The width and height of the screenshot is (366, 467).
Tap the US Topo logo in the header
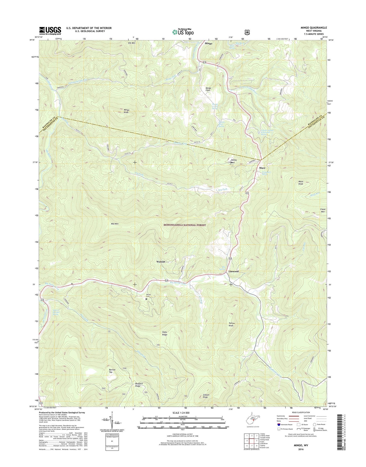click(x=183, y=32)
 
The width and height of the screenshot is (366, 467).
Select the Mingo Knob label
click(x=126, y=111)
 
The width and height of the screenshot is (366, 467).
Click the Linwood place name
click(x=233, y=271)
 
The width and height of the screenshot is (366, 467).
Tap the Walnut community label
click(x=161, y=262)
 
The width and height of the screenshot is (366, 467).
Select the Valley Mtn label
click(x=234, y=161)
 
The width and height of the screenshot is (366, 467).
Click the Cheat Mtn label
click(x=322, y=210)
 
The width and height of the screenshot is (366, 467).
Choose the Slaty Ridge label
click(x=165, y=334)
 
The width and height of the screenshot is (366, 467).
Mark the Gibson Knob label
click(x=206, y=396)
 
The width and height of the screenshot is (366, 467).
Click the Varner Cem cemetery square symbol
click(x=146, y=299)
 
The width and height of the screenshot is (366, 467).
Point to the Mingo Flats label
click(x=208, y=89)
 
